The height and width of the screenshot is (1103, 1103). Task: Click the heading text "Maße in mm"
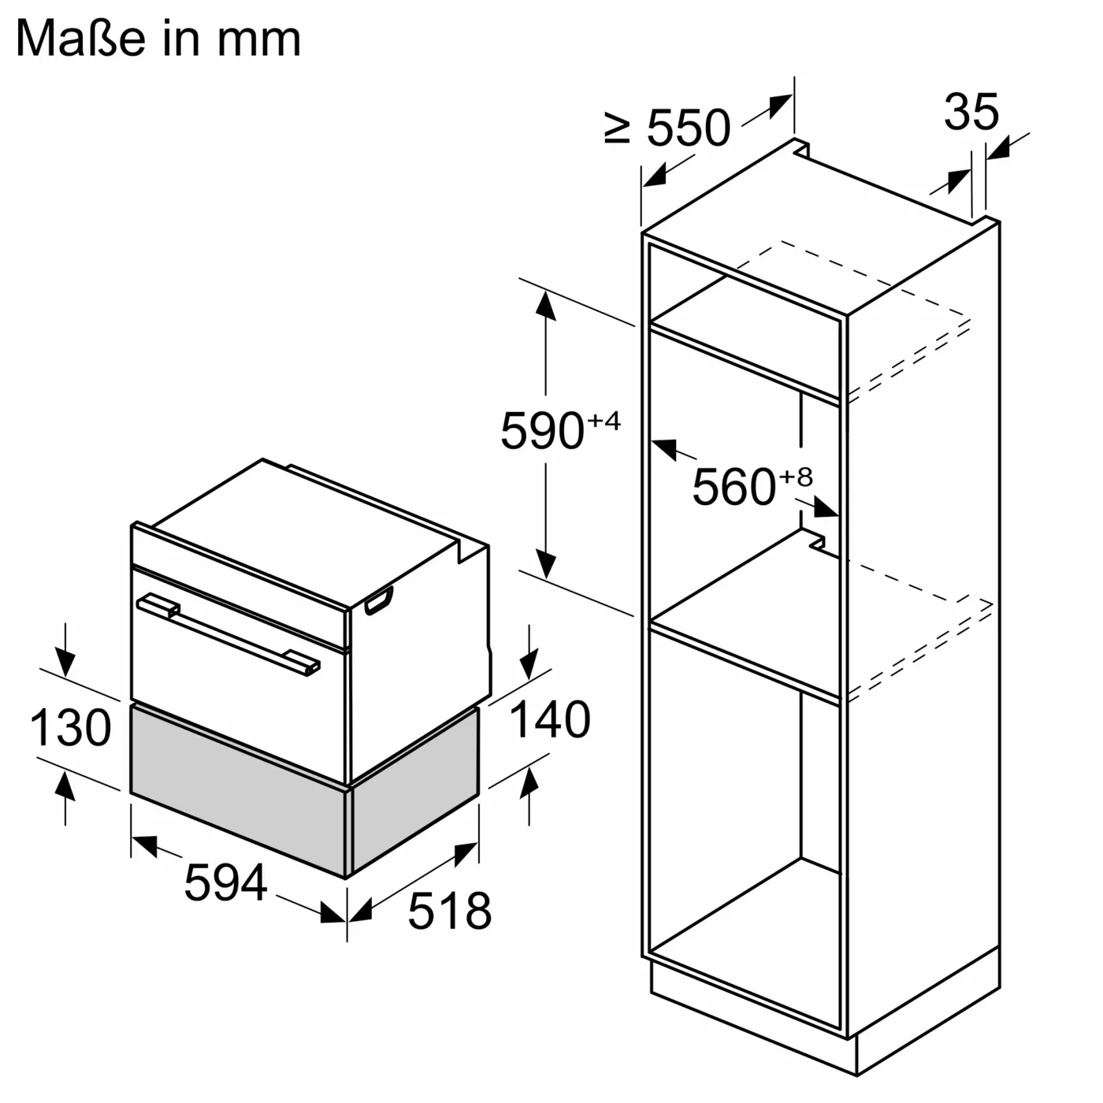[x=158, y=39]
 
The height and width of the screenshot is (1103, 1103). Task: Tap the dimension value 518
[x=449, y=911]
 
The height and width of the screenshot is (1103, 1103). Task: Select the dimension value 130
[x=70, y=727]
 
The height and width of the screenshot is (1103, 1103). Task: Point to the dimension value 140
[x=549, y=719]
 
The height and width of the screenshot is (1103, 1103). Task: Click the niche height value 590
[x=542, y=431]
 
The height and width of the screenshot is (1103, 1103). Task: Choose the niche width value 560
[x=733, y=487]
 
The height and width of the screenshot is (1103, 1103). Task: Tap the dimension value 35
[x=971, y=112]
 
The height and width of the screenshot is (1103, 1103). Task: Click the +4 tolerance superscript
[x=603, y=421]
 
